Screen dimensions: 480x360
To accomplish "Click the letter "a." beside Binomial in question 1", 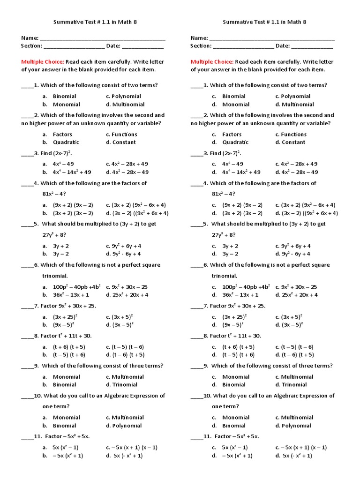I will pyautogui.click(x=45, y=97).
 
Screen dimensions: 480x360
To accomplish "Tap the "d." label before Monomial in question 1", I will pyautogui.click(x=214, y=105).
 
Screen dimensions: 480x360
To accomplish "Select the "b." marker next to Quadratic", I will pyautogui.click(x=45, y=142).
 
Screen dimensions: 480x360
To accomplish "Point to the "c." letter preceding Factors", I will pyautogui.click(x=214, y=135).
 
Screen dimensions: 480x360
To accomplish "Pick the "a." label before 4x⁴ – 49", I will pyautogui.click(x=45, y=164).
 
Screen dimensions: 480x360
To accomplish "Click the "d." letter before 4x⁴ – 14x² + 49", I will pyautogui.click(x=214, y=172).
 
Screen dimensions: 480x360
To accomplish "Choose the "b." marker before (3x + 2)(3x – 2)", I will pyautogui.click(x=45, y=213).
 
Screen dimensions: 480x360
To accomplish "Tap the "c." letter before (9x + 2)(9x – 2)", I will pyautogui.click(x=214, y=205).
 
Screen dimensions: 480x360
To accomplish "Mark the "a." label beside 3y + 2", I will pyautogui.click(x=45, y=246).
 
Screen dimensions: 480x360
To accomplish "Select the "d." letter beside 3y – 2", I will pyautogui.click(x=214, y=254).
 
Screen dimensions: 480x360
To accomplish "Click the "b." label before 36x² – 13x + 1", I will pyautogui.click(x=45, y=295).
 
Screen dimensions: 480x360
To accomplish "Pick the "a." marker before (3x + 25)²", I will pyautogui.click(x=45, y=317).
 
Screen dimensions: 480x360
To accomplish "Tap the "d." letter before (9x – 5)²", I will pyautogui.click(x=214, y=325).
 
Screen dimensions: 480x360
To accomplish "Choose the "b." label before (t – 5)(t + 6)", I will pyautogui.click(x=45, y=355).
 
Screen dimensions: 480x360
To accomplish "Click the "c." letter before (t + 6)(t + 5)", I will pyautogui.click(x=214, y=347).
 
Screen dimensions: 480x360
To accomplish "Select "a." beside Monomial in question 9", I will pyautogui.click(x=45, y=377).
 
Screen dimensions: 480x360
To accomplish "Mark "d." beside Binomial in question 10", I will pyautogui.click(x=214, y=426).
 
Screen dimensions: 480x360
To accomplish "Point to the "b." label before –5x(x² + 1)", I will pyautogui.click(x=45, y=456).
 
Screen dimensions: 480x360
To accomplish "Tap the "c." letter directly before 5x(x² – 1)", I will pyautogui.click(x=214, y=448).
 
